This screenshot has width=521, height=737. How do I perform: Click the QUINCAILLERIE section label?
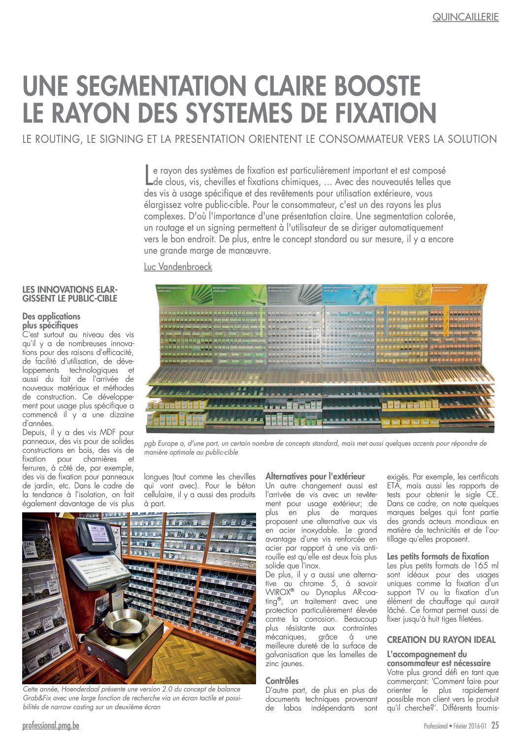465,17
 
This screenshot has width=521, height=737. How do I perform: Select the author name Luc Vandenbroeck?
178,267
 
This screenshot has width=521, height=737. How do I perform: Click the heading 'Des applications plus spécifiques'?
51,321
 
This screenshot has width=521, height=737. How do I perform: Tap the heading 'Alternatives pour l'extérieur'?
315,476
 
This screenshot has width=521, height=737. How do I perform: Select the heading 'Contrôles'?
282,681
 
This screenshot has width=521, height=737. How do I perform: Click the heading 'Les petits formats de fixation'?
438,556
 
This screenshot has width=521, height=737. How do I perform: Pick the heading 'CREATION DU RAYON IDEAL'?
441,640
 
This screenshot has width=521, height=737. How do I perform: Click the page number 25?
495,725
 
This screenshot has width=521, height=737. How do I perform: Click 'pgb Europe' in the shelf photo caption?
161,443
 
